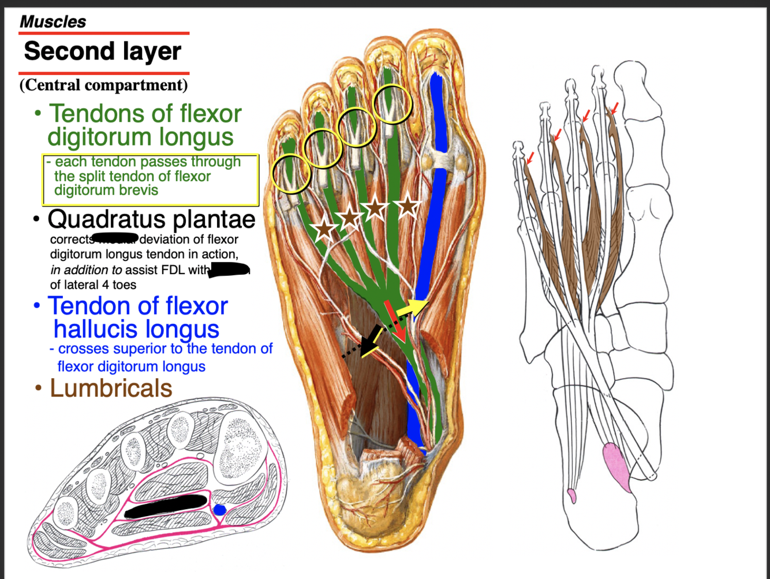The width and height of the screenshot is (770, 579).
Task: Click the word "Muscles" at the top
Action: (53, 22)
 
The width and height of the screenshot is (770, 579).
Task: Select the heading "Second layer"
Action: (102, 51)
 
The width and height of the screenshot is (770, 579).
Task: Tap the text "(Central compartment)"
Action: (103, 85)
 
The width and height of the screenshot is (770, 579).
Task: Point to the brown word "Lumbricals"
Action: (111, 389)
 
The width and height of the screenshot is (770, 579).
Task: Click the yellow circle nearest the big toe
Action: (393, 104)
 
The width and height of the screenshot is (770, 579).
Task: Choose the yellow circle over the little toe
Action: (291, 173)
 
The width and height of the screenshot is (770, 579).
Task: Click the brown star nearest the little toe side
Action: (324, 229)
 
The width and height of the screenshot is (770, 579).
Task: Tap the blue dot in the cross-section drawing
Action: (219, 510)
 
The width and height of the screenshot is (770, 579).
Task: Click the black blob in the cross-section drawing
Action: (166, 506)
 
